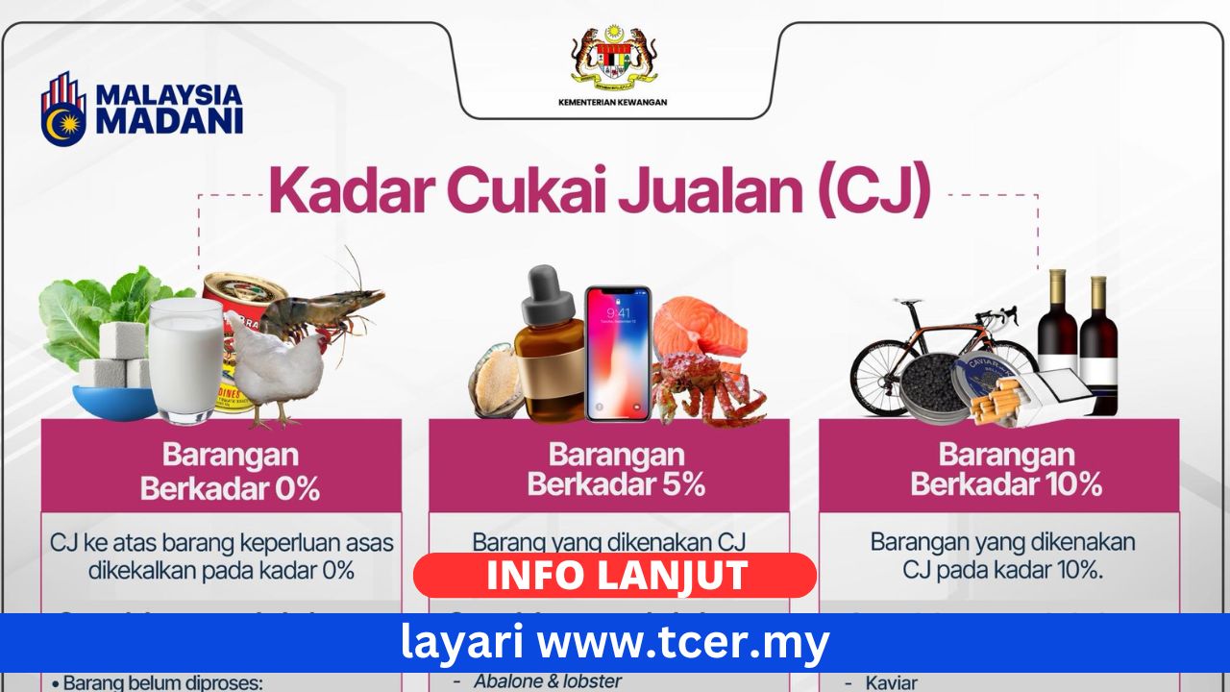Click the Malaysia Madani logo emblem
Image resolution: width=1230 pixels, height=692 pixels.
coord(63,108)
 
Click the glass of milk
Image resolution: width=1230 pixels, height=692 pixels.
coord(185,359)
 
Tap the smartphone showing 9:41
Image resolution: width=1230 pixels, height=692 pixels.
coord(618,353)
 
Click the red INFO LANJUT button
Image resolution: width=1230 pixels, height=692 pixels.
coord(615,575)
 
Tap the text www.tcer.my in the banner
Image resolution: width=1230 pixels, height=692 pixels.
coord(681,643)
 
